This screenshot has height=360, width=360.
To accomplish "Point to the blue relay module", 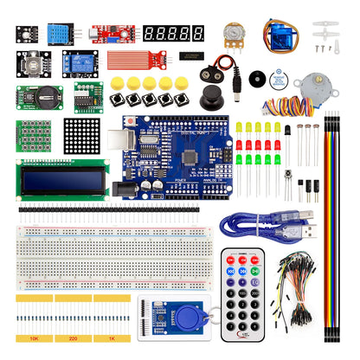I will click(78, 62).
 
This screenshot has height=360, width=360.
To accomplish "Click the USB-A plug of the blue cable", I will click(308, 232).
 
